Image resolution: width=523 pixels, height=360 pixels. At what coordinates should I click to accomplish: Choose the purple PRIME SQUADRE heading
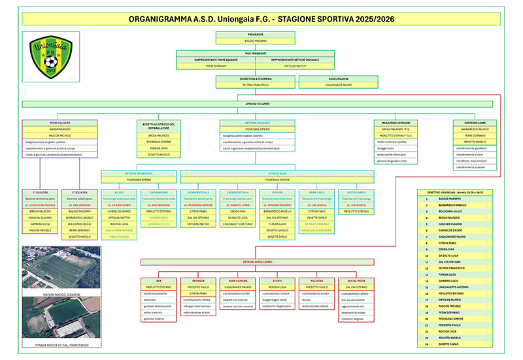(59, 122)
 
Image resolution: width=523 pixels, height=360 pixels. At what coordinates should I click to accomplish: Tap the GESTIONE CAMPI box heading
(475, 122)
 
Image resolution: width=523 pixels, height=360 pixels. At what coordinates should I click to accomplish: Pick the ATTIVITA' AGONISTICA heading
(139, 173)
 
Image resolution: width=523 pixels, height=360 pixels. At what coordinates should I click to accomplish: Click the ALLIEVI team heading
(119, 193)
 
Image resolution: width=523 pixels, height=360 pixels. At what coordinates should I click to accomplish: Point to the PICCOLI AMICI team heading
(356, 193)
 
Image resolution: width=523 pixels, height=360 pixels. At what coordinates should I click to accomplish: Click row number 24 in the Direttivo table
(426, 343)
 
